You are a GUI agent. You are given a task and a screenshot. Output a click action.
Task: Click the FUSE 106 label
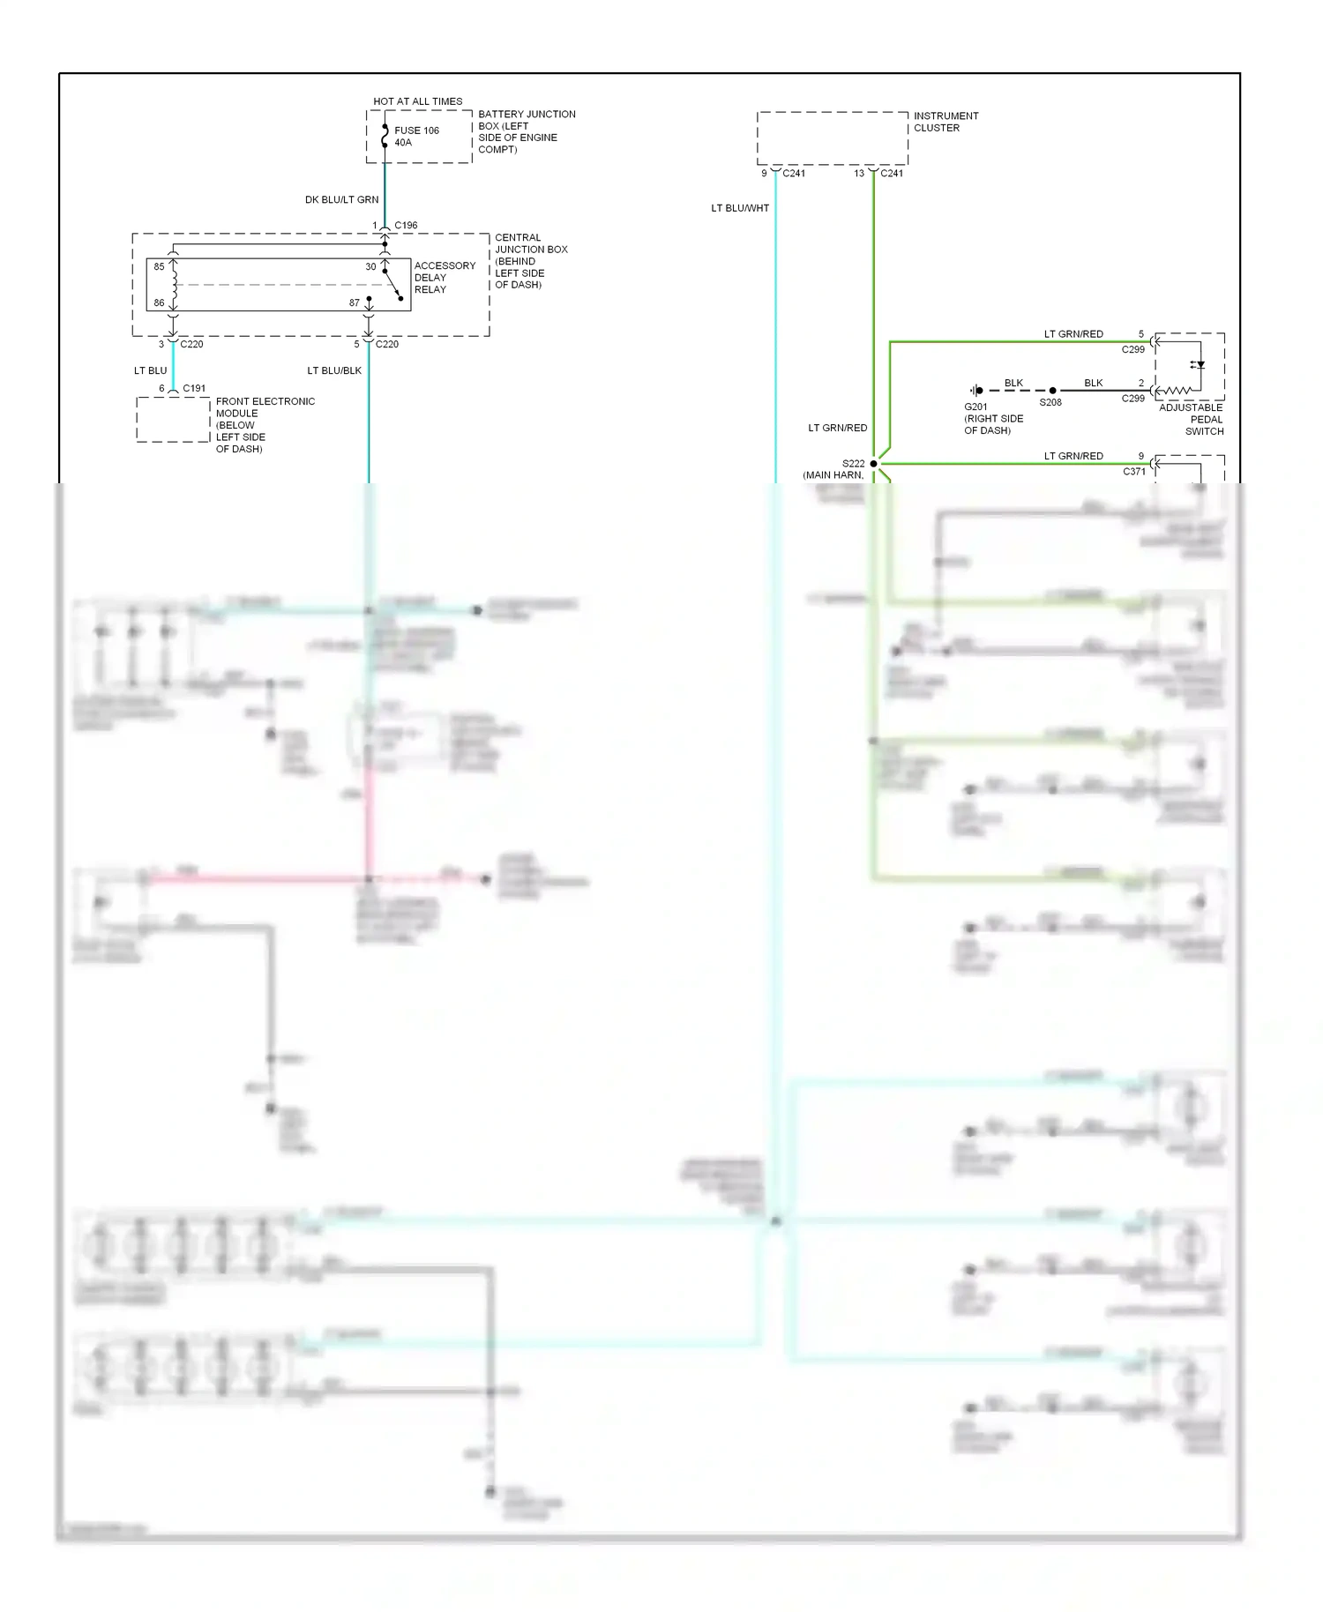[416, 131]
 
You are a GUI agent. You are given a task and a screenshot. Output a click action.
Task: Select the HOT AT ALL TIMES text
[417, 101]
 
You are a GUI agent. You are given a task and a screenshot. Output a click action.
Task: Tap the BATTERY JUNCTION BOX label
[526, 131]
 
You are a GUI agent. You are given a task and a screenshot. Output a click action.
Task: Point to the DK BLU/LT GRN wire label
[341, 200]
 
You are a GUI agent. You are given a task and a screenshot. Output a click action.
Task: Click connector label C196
[406, 226]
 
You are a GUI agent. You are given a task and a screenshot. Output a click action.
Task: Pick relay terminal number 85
[159, 266]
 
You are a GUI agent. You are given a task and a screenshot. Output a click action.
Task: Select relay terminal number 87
[354, 302]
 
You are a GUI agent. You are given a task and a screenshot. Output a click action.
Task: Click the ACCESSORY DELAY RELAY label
[444, 277]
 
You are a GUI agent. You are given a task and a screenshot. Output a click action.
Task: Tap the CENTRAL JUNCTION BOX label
[530, 261]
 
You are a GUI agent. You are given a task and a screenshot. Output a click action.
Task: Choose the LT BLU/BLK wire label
[333, 370]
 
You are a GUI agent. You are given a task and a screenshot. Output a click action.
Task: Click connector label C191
[194, 388]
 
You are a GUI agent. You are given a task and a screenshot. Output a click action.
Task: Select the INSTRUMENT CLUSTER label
[946, 122]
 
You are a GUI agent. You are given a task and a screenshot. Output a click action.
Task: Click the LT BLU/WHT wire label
[740, 208]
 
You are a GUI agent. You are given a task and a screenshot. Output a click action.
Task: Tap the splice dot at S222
[873, 464]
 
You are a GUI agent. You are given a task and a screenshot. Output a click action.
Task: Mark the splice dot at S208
[1052, 390]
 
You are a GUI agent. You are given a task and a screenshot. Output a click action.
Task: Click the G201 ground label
[975, 407]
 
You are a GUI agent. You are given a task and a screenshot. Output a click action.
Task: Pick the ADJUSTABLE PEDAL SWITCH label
[1192, 419]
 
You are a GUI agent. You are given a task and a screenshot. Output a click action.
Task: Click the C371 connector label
[1133, 472]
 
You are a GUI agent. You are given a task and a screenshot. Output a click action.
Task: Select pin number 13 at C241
[859, 174]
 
